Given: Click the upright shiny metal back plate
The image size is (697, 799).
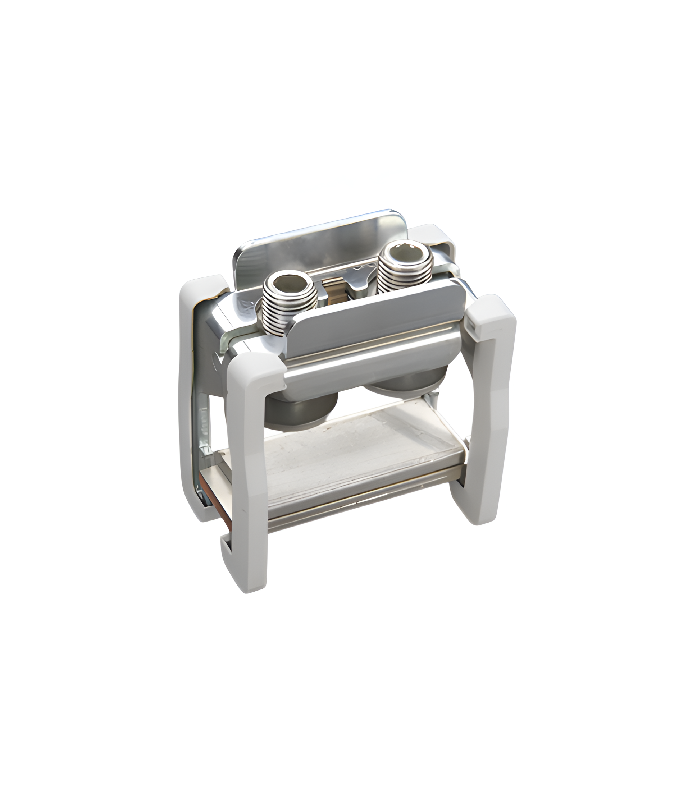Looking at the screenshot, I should click(x=319, y=241).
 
